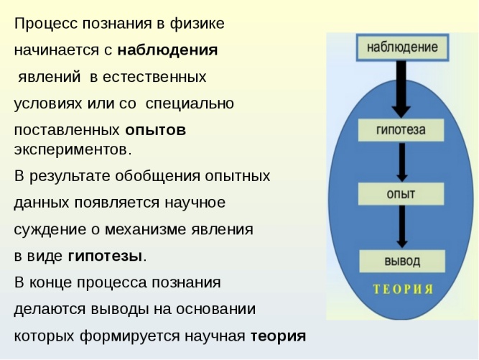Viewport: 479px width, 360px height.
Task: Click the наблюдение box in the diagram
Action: [x=402, y=47]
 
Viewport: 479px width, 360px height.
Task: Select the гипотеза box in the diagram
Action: [x=401, y=130]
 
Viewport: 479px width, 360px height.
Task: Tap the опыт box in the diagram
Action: [x=401, y=194]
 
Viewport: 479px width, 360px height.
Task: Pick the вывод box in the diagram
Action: [x=402, y=261]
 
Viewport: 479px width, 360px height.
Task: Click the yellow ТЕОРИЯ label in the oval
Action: [x=404, y=289]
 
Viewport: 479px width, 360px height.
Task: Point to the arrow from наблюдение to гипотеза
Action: [x=401, y=89]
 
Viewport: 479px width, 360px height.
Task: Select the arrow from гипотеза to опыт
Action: [x=402, y=162]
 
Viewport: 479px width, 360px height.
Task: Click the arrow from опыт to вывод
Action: [x=402, y=227]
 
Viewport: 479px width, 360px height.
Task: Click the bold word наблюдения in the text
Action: [x=168, y=50]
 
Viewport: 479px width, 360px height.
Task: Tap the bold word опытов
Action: [x=156, y=131]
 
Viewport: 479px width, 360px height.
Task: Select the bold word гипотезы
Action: [x=105, y=256]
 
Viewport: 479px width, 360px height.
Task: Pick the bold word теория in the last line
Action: [x=279, y=336]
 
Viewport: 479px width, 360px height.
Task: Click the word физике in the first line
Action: [x=197, y=24]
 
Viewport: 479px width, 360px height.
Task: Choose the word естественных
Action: [x=154, y=77]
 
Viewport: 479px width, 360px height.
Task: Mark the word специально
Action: [x=190, y=103]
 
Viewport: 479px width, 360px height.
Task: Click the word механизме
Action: [x=146, y=229]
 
